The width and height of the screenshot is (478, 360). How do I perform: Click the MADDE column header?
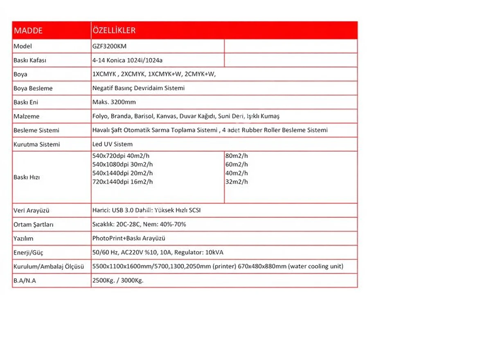(28, 31)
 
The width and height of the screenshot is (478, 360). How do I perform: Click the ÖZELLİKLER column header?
(114, 31)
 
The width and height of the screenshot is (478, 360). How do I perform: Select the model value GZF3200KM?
(109, 46)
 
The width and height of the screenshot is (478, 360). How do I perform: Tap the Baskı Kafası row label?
(30, 61)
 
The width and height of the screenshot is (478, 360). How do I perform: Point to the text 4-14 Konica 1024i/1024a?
(128, 61)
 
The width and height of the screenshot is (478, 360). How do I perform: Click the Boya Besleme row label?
(33, 88)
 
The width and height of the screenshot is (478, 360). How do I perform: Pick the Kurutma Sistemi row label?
(37, 144)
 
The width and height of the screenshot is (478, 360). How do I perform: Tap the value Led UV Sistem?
(113, 144)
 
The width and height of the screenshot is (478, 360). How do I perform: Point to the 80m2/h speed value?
(237, 156)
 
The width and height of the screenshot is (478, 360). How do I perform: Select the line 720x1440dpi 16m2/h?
(123, 182)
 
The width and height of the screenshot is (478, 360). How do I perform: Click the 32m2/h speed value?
(237, 182)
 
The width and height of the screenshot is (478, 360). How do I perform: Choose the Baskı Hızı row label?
(27, 178)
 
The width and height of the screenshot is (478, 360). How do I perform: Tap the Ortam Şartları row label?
(34, 225)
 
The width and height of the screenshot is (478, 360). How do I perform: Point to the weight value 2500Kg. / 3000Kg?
(118, 281)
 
